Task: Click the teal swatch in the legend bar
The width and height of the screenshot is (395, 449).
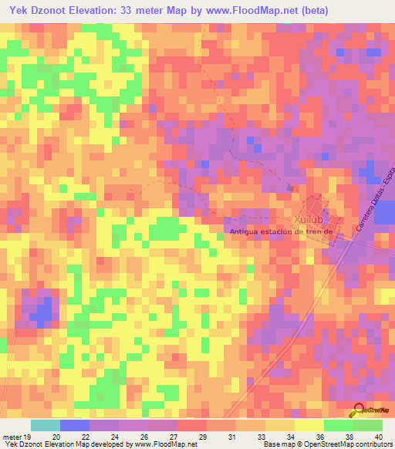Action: (46, 425)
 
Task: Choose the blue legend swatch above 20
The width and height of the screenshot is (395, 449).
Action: (75, 425)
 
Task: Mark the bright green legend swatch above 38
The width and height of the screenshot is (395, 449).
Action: (338, 425)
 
